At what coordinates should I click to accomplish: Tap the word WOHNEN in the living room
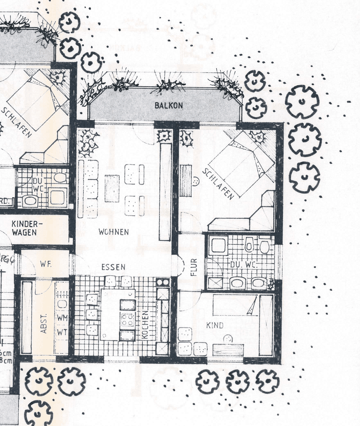click(114, 232)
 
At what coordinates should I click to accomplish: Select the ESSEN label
click(113, 267)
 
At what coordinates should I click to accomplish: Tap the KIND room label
click(215, 325)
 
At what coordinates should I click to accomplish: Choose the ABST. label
click(43, 323)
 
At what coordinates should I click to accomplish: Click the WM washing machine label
click(62, 318)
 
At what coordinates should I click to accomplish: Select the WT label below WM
click(62, 332)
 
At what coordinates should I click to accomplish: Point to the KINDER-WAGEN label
click(24, 228)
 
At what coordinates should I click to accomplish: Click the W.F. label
click(46, 263)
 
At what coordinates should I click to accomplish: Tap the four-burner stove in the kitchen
click(127, 319)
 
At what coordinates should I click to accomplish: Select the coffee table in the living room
click(112, 188)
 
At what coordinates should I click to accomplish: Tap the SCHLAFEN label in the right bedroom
click(218, 184)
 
